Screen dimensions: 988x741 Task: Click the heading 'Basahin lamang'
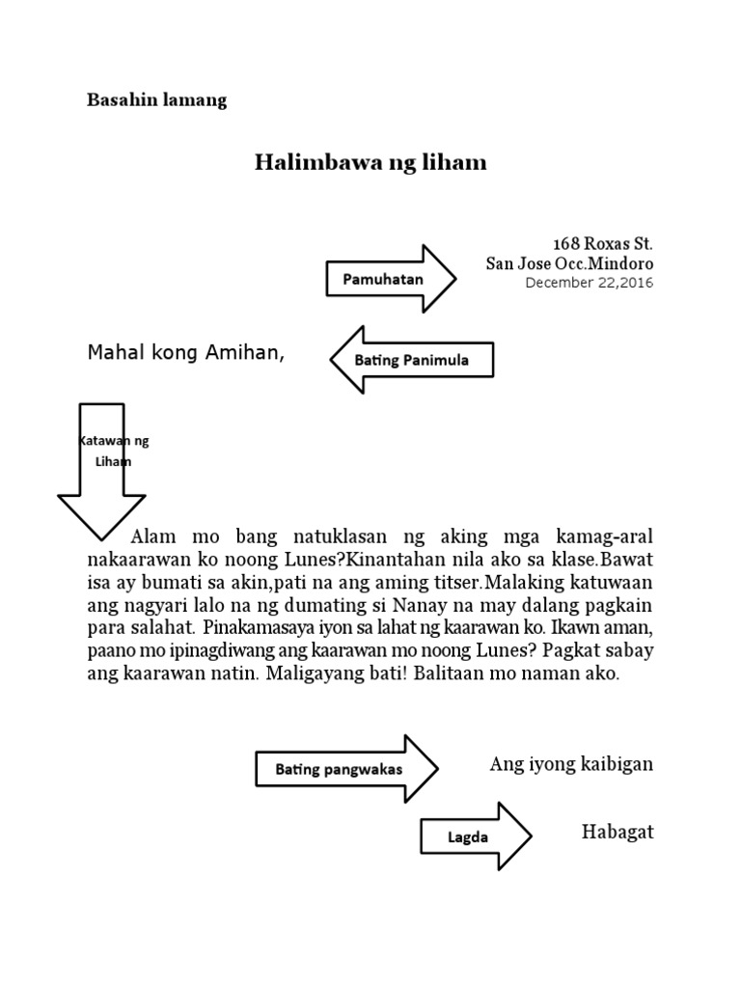[x=157, y=100]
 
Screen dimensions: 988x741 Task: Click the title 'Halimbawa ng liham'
[x=370, y=162]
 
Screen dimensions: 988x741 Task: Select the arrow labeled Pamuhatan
[x=390, y=280]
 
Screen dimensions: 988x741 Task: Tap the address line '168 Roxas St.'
[x=602, y=243]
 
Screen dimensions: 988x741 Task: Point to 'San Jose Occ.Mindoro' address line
[x=568, y=263]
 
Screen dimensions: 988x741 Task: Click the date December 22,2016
[x=589, y=283]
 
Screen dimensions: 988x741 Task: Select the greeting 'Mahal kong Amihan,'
[x=186, y=353]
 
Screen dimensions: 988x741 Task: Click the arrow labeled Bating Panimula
[x=412, y=360]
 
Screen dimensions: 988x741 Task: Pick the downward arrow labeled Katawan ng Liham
[x=101, y=463]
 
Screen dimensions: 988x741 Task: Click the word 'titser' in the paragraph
[x=457, y=583]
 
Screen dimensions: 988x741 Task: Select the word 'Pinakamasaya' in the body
[x=251, y=629]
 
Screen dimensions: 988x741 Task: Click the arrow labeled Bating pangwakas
[x=345, y=769]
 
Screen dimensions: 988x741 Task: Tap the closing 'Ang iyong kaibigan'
[x=571, y=765]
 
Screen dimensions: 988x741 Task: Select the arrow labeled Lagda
[x=473, y=837]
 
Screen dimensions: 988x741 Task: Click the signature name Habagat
[x=617, y=833]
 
